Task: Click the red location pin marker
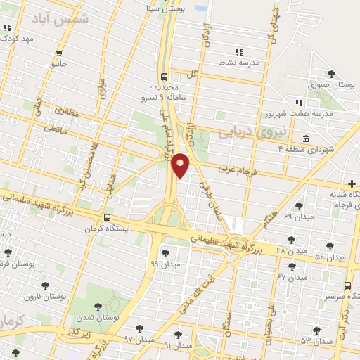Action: (x=181, y=165)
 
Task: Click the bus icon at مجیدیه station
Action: (x=164, y=77)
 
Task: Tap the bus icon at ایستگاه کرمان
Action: (x=108, y=218)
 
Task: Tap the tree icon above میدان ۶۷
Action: (x=292, y=266)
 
